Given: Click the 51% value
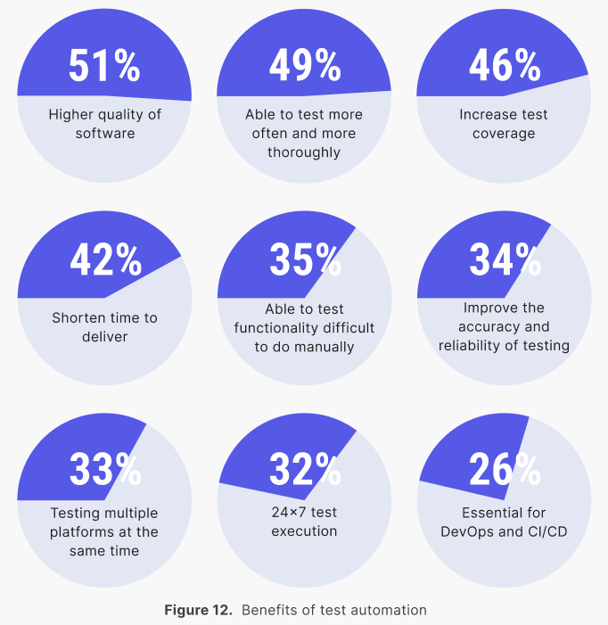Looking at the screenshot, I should pos(104,66).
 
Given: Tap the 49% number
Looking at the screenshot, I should pos(304,66).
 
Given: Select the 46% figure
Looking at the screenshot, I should pos(504,66).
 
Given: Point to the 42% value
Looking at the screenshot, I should pos(104,260).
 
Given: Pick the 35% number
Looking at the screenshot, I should pos(304,260).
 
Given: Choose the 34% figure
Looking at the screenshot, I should pos(504,260).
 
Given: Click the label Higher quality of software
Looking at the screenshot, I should pos(104,124).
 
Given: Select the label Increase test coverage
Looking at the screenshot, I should pos(504,124).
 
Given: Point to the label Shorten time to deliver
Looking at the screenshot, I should pos(104,326).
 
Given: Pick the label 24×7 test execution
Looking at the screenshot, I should pos(304,522).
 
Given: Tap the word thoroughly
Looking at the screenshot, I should pos(304,152).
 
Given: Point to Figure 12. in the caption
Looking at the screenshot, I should pos(198,611).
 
